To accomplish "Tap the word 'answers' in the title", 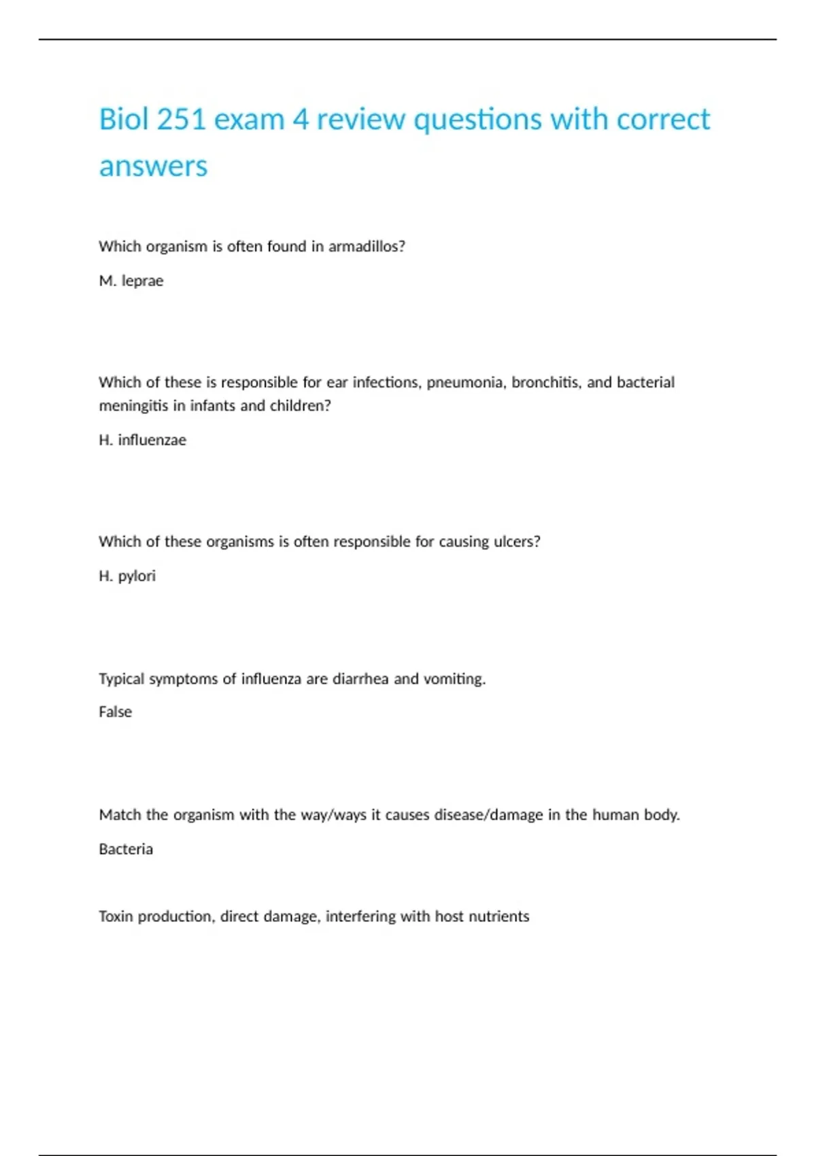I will (x=153, y=167).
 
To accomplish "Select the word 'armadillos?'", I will (x=367, y=246).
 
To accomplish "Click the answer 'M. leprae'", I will (x=131, y=281).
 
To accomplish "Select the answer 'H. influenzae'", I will (x=142, y=440).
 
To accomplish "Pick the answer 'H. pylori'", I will (x=127, y=576).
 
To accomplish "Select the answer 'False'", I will (x=115, y=712).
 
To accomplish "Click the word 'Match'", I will (x=120, y=815).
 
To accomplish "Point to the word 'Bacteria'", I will (x=126, y=849).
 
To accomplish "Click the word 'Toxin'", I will (x=116, y=917).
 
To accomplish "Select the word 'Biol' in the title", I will (x=124, y=120).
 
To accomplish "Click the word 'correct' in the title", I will (x=663, y=120).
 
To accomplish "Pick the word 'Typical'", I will (x=121, y=679).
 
